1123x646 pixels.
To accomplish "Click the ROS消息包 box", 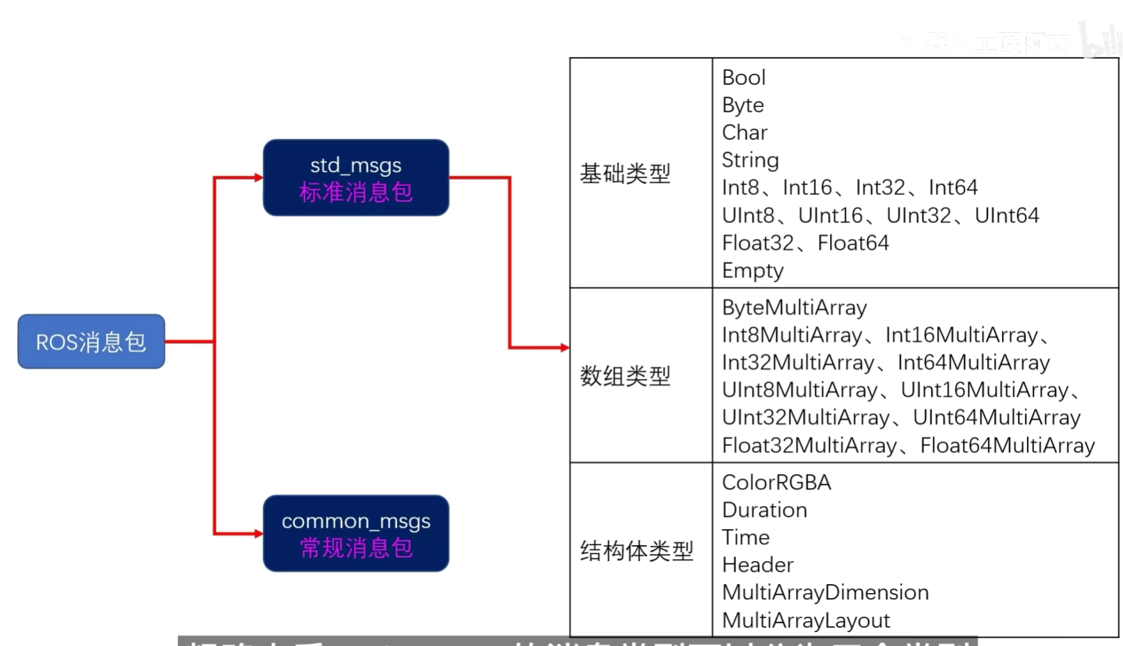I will click(91, 341).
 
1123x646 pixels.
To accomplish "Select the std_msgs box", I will click(356, 178).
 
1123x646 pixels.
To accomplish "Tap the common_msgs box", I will click(356, 533).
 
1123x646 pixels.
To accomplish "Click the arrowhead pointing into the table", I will click(564, 347).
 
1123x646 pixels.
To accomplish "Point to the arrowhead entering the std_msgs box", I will click(258, 178).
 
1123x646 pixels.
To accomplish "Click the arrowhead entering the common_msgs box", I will click(258, 534).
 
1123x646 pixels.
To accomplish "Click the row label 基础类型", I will click(625, 173).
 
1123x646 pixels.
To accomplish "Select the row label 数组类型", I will click(625, 376).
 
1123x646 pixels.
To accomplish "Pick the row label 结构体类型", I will click(636, 551).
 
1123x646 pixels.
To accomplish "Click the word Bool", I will click(743, 77).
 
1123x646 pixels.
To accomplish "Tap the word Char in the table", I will click(744, 132).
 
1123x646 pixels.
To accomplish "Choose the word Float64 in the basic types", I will click(853, 243).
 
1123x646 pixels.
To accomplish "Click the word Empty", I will click(752, 270).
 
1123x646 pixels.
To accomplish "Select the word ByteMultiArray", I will click(794, 308).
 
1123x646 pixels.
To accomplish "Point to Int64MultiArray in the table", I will click(973, 363).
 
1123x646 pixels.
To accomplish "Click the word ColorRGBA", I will click(776, 482).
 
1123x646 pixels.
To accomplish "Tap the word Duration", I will click(764, 510).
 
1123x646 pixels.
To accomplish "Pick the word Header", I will click(757, 565).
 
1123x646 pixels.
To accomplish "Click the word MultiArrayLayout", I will click(806, 620).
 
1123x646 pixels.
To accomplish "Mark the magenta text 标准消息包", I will click(356, 192).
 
